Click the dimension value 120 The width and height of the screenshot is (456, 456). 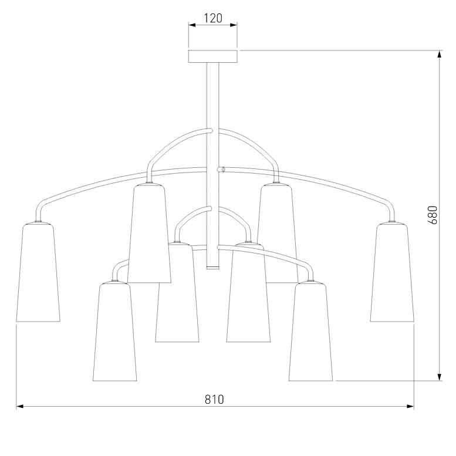(212, 18)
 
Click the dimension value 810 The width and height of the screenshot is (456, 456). (215, 399)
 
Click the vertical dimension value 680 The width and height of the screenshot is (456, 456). (433, 215)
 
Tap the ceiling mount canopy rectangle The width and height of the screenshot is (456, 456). (212, 56)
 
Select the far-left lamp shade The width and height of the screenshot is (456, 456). (38, 272)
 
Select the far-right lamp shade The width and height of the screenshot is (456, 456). (392, 272)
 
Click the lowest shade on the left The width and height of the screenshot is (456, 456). (114, 332)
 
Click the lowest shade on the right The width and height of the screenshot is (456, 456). (310, 332)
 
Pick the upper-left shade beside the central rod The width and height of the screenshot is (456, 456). (149, 233)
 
